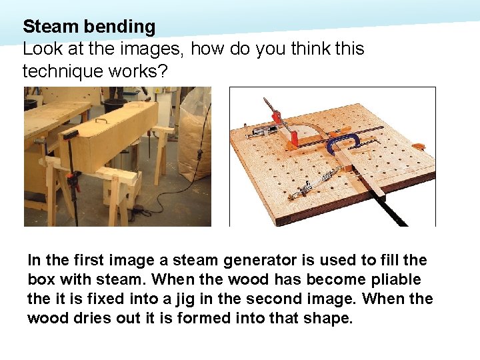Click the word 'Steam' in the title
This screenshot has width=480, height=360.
coord(50,27)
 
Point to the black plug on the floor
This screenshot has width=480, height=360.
coord(137,213)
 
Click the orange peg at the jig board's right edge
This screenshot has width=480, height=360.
coord(419,146)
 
